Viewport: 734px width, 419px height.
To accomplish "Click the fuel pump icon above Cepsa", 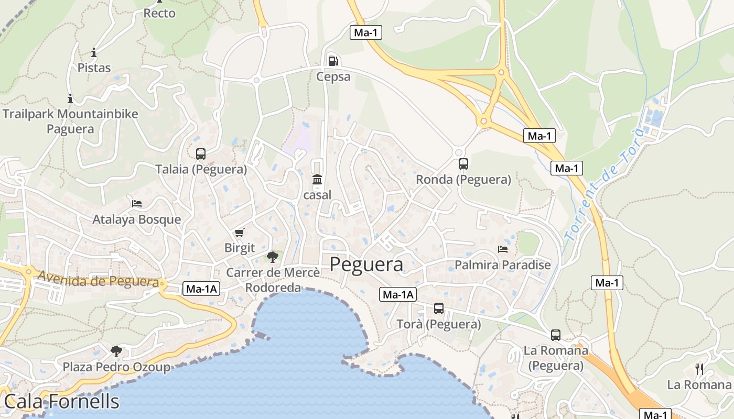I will (333, 61).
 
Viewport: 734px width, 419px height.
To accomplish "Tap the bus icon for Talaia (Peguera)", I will (201, 154).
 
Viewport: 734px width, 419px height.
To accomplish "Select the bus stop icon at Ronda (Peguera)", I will (463, 164).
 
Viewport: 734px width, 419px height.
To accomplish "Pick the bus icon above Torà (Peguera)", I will (439, 308).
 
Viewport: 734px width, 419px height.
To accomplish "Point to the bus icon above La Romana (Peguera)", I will (556, 335).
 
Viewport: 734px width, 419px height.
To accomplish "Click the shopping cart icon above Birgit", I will (239, 233).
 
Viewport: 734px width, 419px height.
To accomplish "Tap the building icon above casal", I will (317, 180).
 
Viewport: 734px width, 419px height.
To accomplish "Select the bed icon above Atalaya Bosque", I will (137, 203).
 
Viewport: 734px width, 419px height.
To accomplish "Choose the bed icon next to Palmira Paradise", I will (503, 249).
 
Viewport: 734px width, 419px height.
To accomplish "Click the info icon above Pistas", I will (94, 52).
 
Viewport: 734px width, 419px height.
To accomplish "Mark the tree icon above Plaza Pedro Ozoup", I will (116, 351).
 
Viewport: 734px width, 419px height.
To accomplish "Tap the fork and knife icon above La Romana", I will (699, 369).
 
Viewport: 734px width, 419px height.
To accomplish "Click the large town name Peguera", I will (366, 264).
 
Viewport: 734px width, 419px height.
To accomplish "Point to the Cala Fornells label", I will (61, 402).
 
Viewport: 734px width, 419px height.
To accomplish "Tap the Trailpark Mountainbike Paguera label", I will (70, 121).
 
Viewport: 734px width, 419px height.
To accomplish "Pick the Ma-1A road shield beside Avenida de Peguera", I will (201, 288).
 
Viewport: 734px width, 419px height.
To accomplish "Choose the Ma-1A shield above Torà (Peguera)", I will (397, 294).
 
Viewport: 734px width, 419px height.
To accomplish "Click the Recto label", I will (159, 14).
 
